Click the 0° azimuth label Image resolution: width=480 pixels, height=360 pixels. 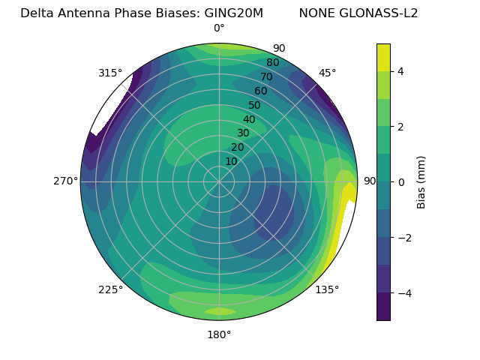[x=219, y=28]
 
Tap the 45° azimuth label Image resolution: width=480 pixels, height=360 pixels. [x=327, y=73]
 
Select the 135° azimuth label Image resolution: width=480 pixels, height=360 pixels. [x=327, y=289]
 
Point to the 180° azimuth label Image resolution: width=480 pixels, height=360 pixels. [x=219, y=334]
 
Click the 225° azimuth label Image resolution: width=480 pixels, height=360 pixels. [x=110, y=289]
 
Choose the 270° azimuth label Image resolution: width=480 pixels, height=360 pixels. [x=66, y=181]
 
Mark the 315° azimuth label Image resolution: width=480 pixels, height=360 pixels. [x=110, y=73]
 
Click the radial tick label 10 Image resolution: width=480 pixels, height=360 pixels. [x=231, y=161]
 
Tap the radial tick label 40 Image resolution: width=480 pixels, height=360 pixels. [x=249, y=119]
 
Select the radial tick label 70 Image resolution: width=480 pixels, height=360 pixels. [x=266, y=76]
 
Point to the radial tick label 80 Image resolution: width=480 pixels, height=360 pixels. [x=272, y=62]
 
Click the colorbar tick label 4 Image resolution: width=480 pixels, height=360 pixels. [x=400, y=71]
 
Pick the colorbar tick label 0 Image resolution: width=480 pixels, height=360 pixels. [x=400, y=182]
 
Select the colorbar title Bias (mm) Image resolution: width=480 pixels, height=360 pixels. [x=421, y=181]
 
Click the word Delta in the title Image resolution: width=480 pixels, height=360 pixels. [x=36, y=13]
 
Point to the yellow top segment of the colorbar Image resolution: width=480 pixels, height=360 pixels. [x=383, y=57]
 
